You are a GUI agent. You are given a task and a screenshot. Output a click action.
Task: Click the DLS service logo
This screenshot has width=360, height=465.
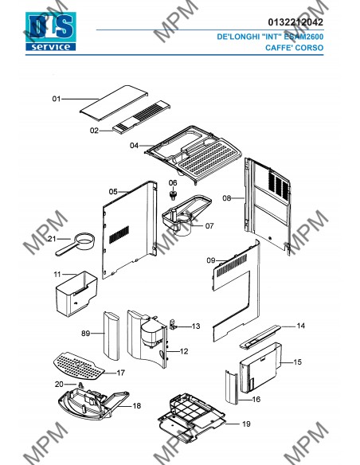(x=51, y=31)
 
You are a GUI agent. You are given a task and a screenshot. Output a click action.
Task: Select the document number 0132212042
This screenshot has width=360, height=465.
(x=295, y=22)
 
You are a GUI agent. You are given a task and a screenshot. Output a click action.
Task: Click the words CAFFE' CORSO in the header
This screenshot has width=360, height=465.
(x=294, y=48)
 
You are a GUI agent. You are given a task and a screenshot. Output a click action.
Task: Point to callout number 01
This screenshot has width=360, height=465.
(x=57, y=99)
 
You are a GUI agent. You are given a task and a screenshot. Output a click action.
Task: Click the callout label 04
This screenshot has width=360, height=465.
(x=134, y=146)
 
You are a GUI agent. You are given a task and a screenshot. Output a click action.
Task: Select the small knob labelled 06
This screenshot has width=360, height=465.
(x=173, y=195)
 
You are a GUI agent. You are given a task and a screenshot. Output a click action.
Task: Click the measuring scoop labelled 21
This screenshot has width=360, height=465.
(x=76, y=244)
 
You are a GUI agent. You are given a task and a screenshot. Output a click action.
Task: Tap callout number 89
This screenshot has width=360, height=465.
(x=86, y=334)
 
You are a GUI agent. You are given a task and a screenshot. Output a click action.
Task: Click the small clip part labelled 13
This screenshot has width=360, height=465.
(x=173, y=324)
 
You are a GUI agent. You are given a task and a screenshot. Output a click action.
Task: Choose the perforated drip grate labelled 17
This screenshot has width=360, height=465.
(x=79, y=365)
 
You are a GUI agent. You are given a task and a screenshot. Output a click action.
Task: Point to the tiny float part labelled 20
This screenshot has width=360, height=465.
(x=80, y=385)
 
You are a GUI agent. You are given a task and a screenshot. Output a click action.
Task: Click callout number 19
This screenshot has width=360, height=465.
(x=246, y=424)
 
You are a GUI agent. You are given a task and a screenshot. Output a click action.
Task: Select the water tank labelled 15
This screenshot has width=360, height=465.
(x=260, y=368)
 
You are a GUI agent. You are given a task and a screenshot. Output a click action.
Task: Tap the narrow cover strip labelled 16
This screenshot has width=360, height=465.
(x=232, y=387)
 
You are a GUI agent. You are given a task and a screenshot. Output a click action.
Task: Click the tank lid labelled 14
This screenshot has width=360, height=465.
(x=260, y=337)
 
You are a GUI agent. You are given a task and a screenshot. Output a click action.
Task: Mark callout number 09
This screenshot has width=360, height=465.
(x=211, y=260)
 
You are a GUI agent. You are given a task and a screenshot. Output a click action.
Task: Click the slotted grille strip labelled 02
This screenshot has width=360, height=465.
(x=142, y=117)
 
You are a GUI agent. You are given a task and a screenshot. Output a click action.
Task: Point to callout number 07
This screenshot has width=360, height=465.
(x=209, y=226)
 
